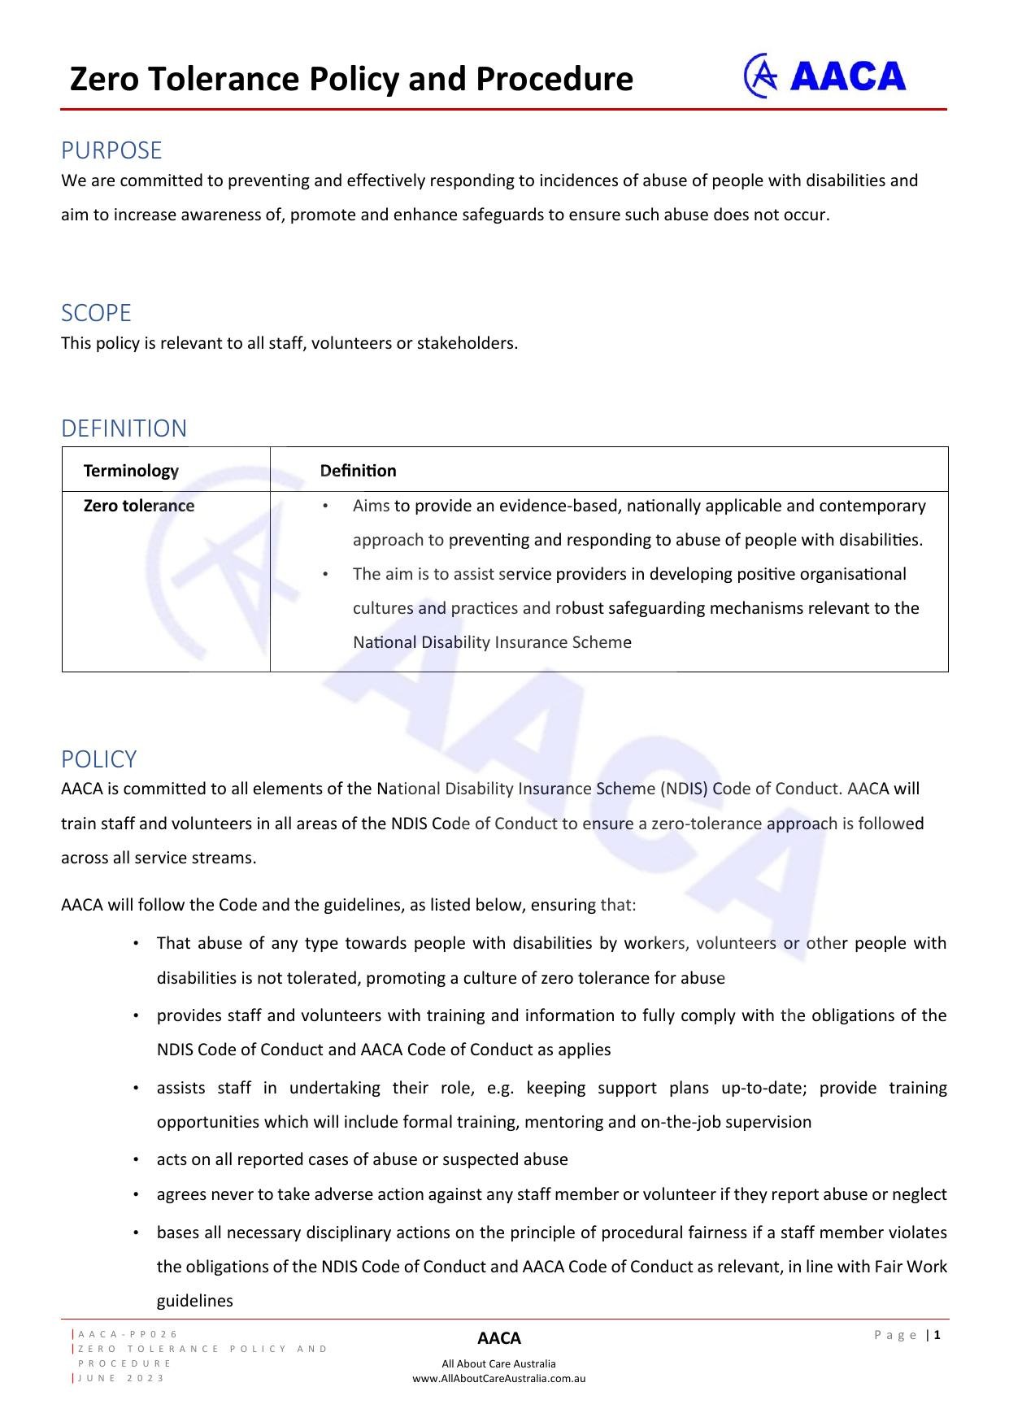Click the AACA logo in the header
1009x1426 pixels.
pyautogui.click(x=824, y=76)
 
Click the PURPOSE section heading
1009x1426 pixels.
pyautogui.click(x=111, y=150)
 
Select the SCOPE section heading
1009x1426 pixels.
pyautogui.click(x=96, y=313)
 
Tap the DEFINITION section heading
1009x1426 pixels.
pyautogui.click(x=124, y=428)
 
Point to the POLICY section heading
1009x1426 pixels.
pyautogui.click(x=98, y=759)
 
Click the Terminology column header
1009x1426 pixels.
pyautogui.click(x=131, y=471)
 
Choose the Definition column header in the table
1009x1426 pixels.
pyautogui.click(x=358, y=471)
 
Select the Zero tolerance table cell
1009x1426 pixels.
pyautogui.click(x=139, y=506)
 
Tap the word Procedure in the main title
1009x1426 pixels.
pyautogui.click(x=554, y=79)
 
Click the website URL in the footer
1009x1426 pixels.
pyautogui.click(x=498, y=1378)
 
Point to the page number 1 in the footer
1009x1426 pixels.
pyautogui.click(x=937, y=1334)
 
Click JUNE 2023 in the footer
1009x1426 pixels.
pyautogui.click(x=122, y=1378)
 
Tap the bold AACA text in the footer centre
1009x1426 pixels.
pyautogui.click(x=498, y=1338)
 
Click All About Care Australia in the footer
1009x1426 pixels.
pyautogui.click(x=498, y=1363)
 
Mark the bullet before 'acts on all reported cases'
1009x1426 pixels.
pyautogui.click(x=136, y=1159)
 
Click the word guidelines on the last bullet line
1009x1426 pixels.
pyautogui.click(x=194, y=1301)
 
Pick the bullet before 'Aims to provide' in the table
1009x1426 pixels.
pyautogui.click(x=325, y=506)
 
